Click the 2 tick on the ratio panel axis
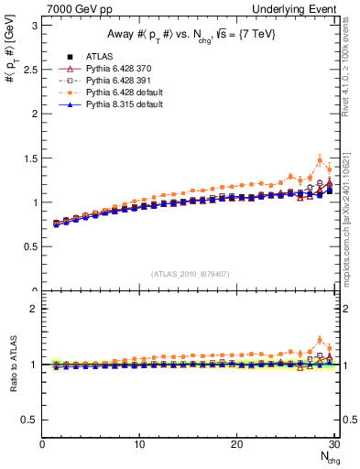[35, 309]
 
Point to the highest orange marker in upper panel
[320, 160]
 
